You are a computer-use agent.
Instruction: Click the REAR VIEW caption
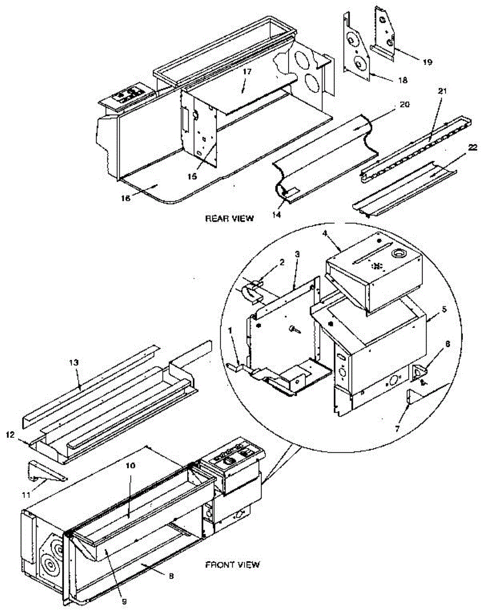pyautogui.click(x=229, y=218)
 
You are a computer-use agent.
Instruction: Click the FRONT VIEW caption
pyautogui.click(x=232, y=565)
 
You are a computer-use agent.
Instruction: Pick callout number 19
pyautogui.click(x=427, y=62)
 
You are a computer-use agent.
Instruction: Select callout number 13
pyautogui.click(x=74, y=362)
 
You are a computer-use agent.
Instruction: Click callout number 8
pyautogui.click(x=171, y=576)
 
